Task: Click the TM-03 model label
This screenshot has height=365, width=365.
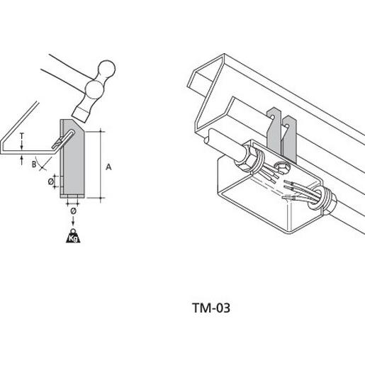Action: [211, 308]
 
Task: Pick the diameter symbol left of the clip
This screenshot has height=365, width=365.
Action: [51, 182]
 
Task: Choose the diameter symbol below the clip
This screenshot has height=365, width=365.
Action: [73, 210]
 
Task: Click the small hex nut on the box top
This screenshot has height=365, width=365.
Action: [281, 167]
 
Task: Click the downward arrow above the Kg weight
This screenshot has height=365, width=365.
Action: [73, 220]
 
